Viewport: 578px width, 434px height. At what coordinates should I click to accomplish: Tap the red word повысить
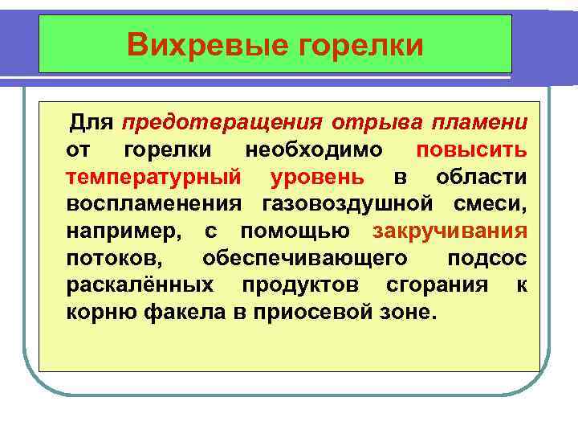473,149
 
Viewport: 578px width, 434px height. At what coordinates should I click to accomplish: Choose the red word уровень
317,177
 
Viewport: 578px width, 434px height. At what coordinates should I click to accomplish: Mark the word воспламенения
157,204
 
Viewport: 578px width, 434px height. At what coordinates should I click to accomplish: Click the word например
128,231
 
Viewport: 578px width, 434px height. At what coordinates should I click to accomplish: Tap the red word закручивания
450,231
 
